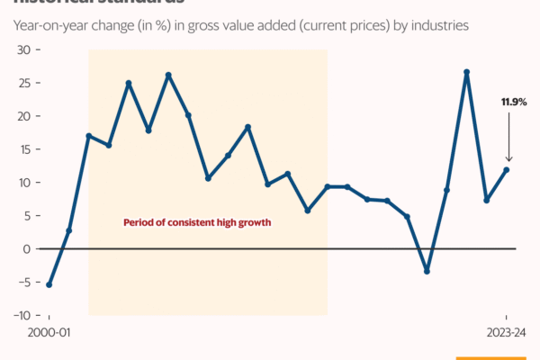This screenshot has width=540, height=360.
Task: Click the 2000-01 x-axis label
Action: pos(49,332)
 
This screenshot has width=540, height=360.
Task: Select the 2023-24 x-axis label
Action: pos(506,332)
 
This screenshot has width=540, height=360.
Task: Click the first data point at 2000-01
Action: pos(49,284)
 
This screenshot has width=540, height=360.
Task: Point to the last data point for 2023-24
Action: pos(507,169)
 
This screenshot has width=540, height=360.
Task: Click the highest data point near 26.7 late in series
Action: pos(467,72)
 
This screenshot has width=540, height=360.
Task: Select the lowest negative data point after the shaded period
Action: pos(427,271)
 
